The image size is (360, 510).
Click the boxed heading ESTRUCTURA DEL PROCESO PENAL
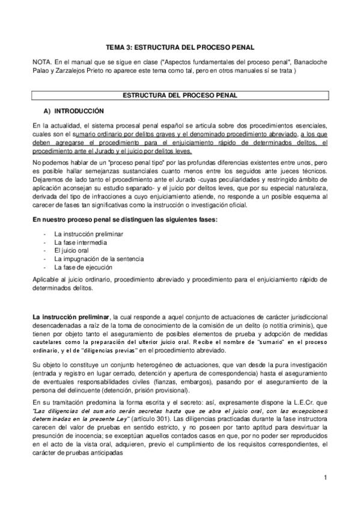180,96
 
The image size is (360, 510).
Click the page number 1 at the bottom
324,478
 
